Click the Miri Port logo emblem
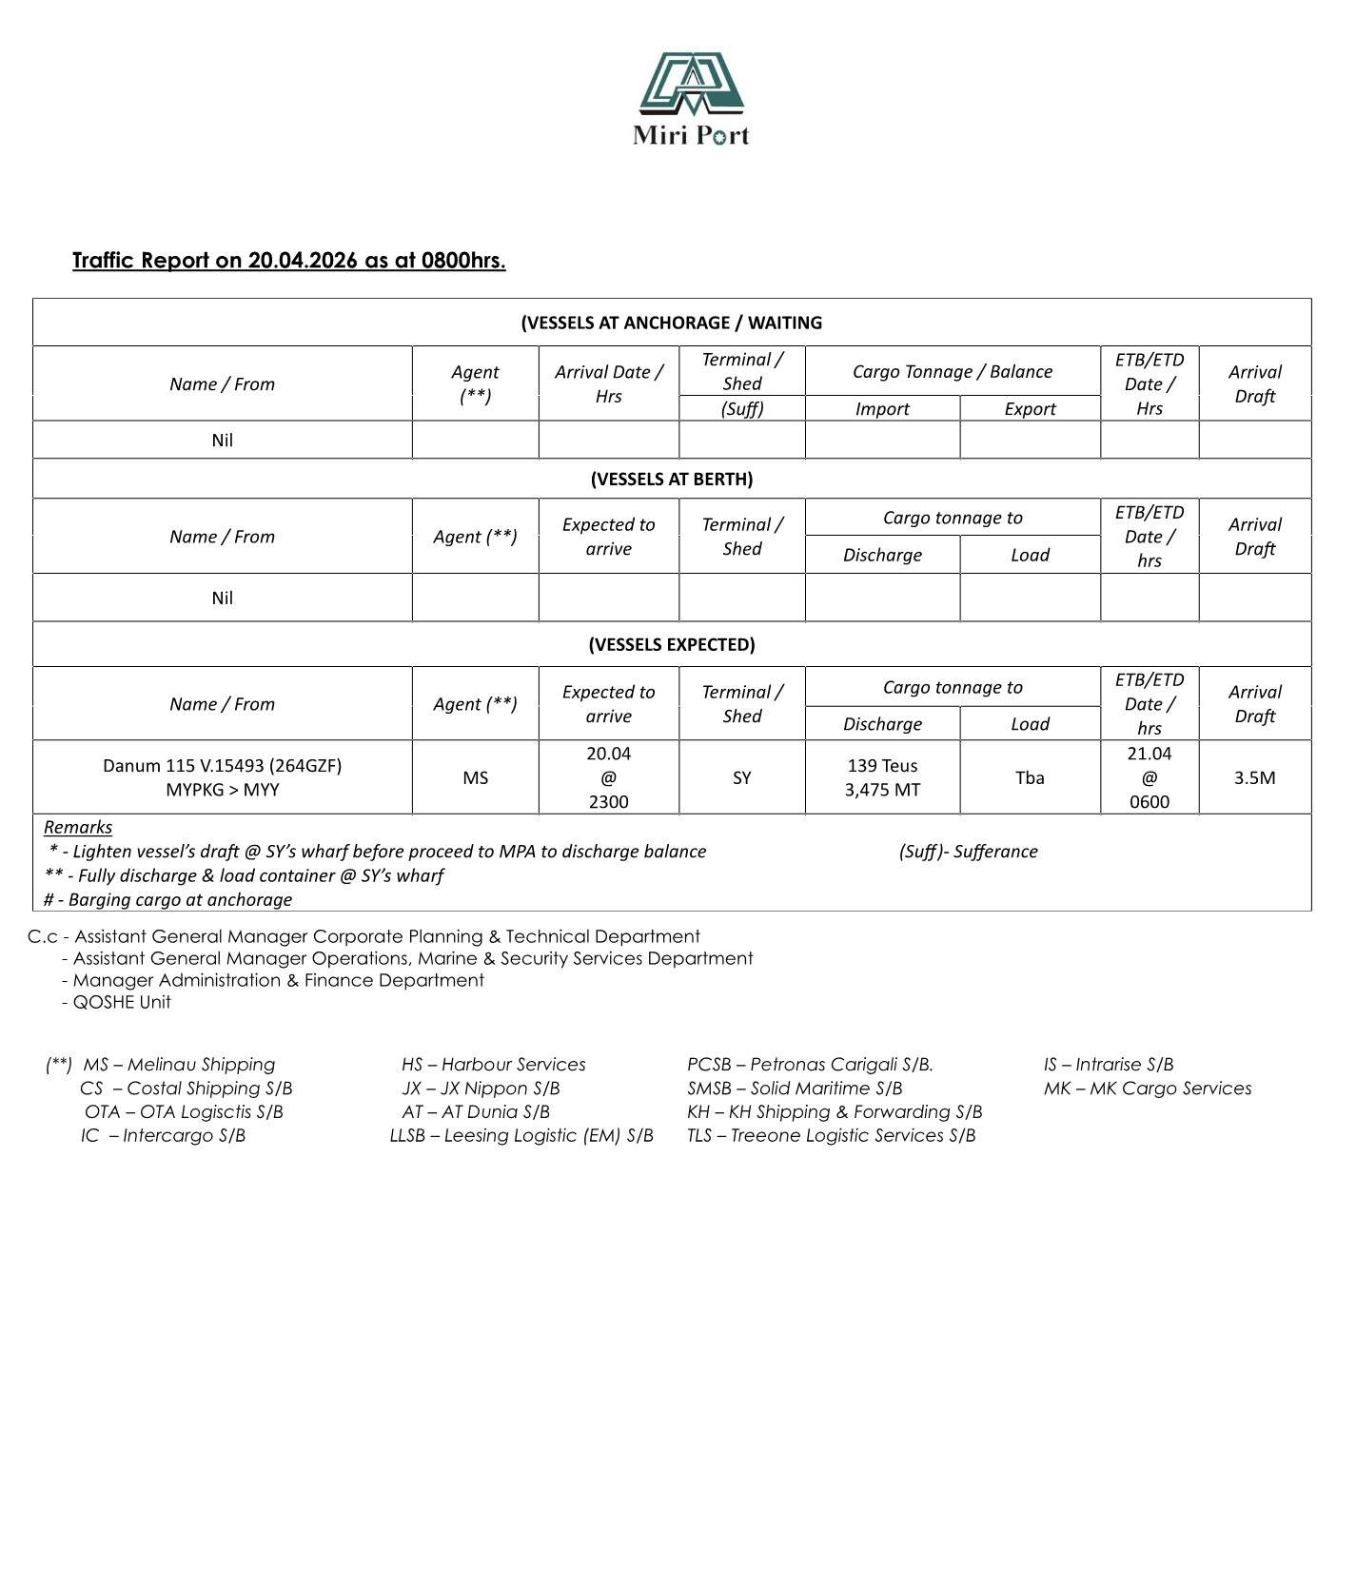click(x=691, y=84)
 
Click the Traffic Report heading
click(x=288, y=261)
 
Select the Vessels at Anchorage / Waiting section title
click(x=671, y=323)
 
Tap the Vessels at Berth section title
click(x=671, y=479)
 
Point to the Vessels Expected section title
click(x=671, y=644)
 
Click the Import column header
click(x=881, y=409)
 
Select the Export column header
click(x=1030, y=409)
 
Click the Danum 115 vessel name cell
click(x=222, y=777)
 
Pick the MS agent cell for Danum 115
click(x=475, y=777)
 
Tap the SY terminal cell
click(x=741, y=777)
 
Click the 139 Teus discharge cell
click(x=881, y=777)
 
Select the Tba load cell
click(x=1030, y=777)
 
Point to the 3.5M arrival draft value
click(x=1254, y=777)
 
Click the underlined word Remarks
click(x=78, y=827)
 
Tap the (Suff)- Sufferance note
click(x=968, y=852)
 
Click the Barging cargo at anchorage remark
click(x=168, y=899)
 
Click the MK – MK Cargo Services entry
click(x=1147, y=1088)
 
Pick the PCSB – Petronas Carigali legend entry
click(x=810, y=1064)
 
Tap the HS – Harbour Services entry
click(x=493, y=1064)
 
